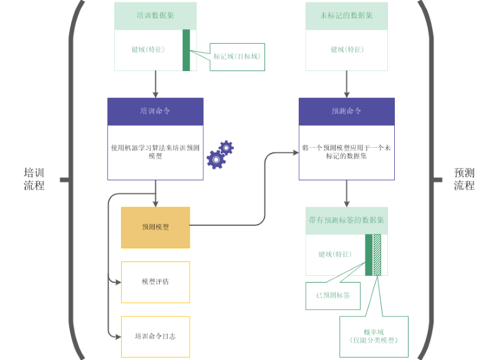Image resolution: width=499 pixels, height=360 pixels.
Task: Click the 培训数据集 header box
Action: (155, 15)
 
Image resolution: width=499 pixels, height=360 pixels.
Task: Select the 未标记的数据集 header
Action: (346, 15)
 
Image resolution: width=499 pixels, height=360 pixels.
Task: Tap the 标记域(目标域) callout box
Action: (236, 56)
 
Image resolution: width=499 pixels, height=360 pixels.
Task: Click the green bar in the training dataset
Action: (186, 50)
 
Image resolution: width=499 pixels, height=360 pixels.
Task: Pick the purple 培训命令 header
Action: (155, 111)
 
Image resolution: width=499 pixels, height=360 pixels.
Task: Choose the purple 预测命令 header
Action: (346, 111)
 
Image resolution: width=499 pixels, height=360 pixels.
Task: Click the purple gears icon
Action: (220, 155)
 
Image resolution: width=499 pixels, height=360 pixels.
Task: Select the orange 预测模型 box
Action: (155, 228)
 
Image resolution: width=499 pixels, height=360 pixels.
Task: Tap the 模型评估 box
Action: (155, 282)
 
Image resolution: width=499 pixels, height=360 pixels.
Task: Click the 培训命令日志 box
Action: (155, 336)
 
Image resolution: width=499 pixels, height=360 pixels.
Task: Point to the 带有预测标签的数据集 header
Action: (346, 220)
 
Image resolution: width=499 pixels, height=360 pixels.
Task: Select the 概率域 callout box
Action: (374, 336)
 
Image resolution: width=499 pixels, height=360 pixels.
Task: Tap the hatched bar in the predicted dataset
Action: (377, 254)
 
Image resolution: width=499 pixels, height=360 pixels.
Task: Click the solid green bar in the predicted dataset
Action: (369, 254)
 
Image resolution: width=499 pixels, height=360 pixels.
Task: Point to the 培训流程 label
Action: (34, 179)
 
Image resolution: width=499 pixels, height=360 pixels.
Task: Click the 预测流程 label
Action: (464, 179)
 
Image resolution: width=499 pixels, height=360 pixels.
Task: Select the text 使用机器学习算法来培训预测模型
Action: (155, 152)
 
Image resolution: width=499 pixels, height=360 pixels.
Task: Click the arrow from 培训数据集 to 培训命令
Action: (155, 84)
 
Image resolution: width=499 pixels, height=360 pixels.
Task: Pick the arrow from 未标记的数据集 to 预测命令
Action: (346, 84)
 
